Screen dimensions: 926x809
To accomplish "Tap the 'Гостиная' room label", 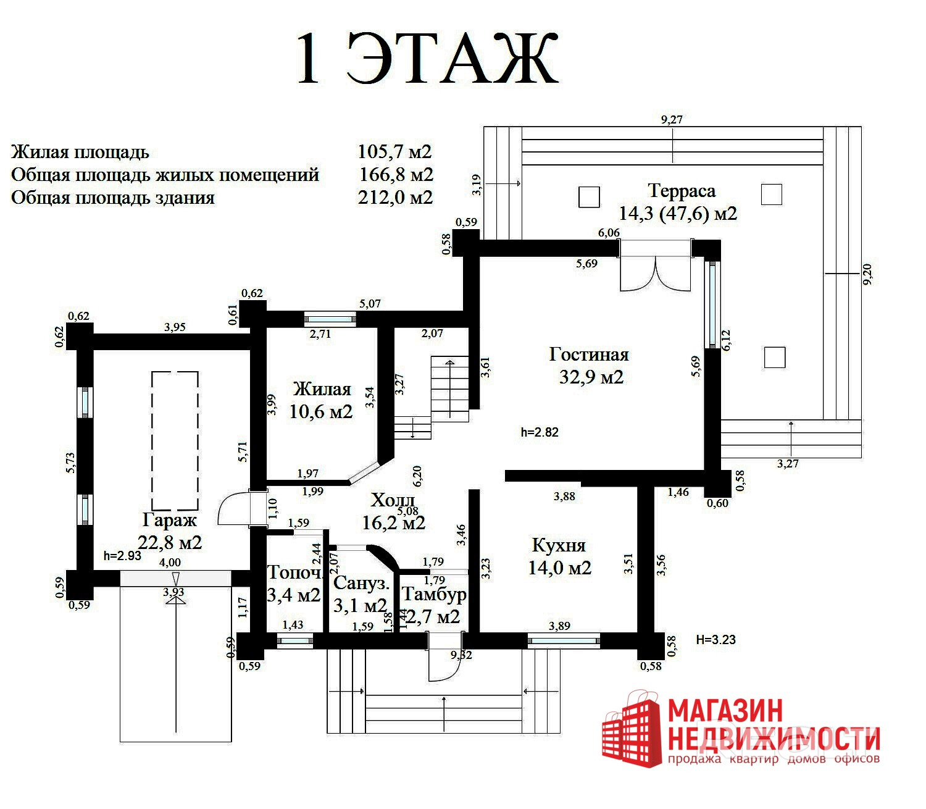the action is tap(589, 354).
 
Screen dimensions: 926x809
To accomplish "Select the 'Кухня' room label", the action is tap(559, 545).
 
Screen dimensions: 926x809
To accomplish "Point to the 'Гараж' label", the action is tap(170, 520).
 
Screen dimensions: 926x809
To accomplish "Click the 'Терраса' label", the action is tap(682, 191).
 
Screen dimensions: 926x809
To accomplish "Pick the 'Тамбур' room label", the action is tap(434, 594).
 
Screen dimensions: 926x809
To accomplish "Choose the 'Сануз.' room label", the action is tap(361, 583).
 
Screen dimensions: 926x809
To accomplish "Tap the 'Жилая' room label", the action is tap(322, 389).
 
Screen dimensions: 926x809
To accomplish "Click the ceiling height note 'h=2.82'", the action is tap(540, 432).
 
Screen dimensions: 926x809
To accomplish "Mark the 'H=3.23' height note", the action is tap(715, 640).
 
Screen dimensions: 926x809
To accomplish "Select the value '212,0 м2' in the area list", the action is tap(395, 198).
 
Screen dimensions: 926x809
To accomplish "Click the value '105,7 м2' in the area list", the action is tap(394, 152).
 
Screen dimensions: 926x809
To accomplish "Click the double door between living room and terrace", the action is tap(656, 267).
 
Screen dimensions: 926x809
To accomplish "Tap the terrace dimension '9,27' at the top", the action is tap(672, 120).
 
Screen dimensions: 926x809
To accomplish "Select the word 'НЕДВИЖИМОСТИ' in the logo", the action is tap(772, 739).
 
